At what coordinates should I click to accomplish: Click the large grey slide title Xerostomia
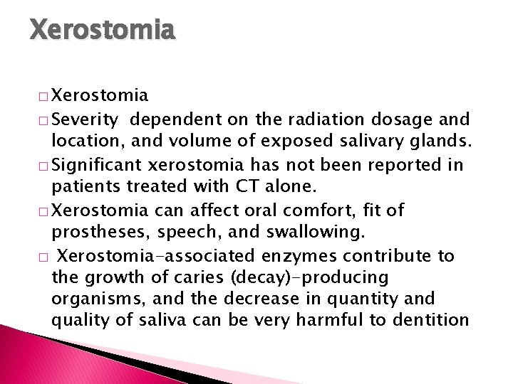coord(102,30)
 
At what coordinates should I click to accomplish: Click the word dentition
coord(426,320)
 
